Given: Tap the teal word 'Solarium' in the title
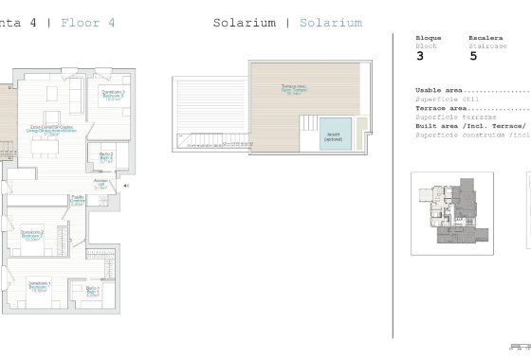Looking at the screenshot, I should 329,22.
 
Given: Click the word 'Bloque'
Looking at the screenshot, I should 429,38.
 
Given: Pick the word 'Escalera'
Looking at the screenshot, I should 485,38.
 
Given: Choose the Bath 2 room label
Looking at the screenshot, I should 105,157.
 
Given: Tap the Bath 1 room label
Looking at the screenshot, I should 92,291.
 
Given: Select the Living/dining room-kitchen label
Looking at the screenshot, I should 52,130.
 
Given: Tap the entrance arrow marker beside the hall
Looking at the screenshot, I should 126,187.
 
